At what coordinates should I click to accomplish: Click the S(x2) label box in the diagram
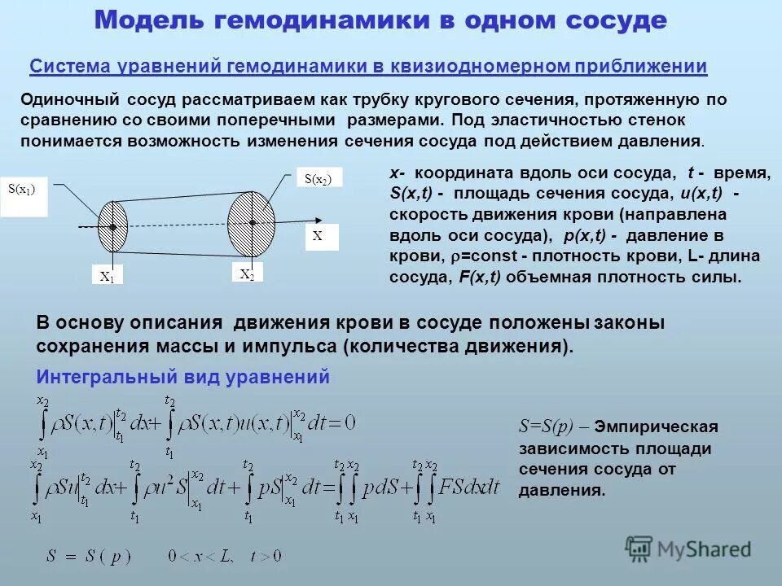[x=319, y=179]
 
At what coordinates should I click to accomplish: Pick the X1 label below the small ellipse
[x=107, y=276]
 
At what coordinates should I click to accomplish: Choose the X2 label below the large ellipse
[x=247, y=274]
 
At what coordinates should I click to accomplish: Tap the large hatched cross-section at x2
[x=253, y=221]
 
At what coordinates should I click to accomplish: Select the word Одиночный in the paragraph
[x=69, y=99]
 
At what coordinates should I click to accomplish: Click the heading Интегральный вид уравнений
[x=183, y=377]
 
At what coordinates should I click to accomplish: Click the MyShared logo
[x=688, y=548]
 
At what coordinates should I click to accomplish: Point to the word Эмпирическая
[x=656, y=426]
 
